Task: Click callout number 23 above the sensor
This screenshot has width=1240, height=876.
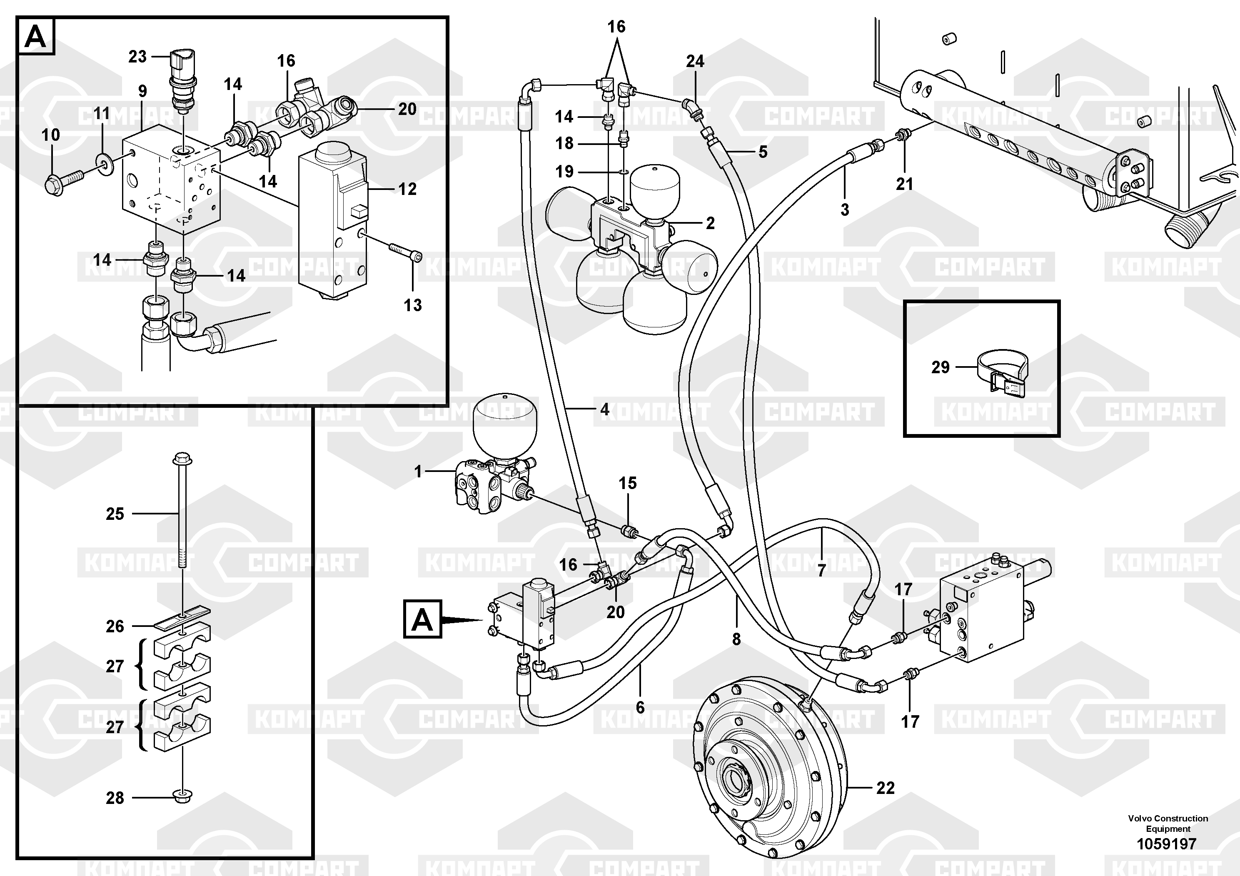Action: click(137, 56)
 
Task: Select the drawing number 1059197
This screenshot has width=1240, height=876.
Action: click(1167, 844)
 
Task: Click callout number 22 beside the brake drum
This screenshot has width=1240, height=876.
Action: click(886, 788)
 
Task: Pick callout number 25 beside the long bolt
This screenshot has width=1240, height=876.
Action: click(115, 514)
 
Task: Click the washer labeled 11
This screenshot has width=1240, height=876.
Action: click(102, 160)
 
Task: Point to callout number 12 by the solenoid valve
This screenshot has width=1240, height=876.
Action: click(407, 189)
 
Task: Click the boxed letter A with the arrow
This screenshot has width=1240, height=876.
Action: click(422, 619)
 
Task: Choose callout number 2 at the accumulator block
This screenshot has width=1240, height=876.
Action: click(710, 223)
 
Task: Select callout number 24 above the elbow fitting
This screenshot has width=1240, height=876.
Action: click(695, 62)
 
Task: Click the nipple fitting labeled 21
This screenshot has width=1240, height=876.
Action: click(901, 135)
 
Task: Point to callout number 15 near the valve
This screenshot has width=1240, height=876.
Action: click(628, 483)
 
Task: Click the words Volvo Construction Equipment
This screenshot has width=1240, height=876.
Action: click(1168, 824)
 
